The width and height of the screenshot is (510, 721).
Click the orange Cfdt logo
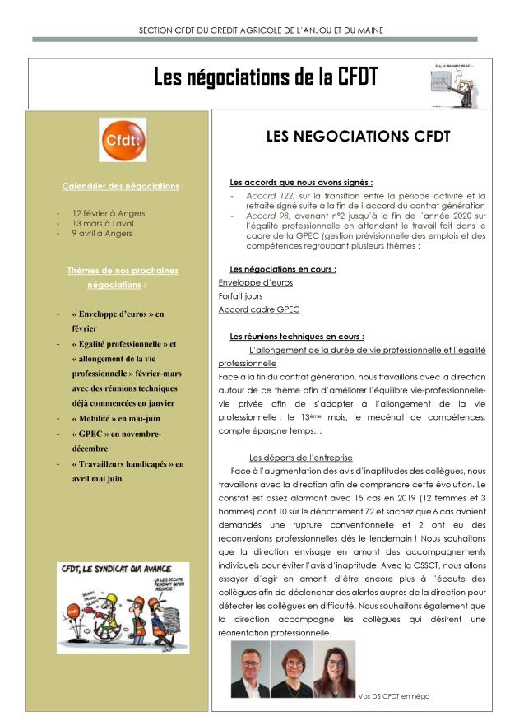123,140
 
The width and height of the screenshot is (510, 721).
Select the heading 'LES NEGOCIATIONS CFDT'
358,137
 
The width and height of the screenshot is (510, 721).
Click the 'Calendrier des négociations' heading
122,186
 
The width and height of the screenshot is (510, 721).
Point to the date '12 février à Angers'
109,212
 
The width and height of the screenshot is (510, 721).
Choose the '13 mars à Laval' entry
104,222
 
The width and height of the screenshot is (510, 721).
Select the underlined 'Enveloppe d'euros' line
255,282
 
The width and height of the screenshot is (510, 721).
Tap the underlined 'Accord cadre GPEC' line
258,309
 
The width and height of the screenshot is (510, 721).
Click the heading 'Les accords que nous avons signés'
301,182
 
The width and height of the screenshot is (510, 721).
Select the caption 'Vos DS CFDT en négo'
394,696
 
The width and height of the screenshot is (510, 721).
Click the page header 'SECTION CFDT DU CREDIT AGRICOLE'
254,30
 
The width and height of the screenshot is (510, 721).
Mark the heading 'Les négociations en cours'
282,269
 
